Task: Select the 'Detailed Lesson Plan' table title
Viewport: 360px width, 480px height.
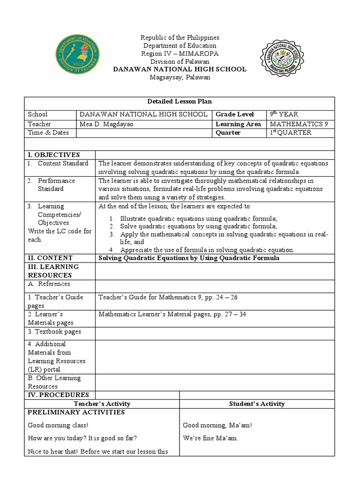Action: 180,102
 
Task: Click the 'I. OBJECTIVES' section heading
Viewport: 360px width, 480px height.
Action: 54,155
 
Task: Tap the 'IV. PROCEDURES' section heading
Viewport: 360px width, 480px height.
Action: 59,395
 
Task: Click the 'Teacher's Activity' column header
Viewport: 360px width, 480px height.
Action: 102,404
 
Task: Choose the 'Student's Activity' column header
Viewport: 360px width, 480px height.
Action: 256,404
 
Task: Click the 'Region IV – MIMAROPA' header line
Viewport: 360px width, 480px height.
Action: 180,54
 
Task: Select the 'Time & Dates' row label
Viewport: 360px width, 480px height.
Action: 48,133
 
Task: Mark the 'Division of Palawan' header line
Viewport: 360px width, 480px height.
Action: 180,62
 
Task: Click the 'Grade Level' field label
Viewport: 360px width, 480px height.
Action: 235,114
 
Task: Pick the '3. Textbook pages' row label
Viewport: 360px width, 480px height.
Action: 54,332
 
